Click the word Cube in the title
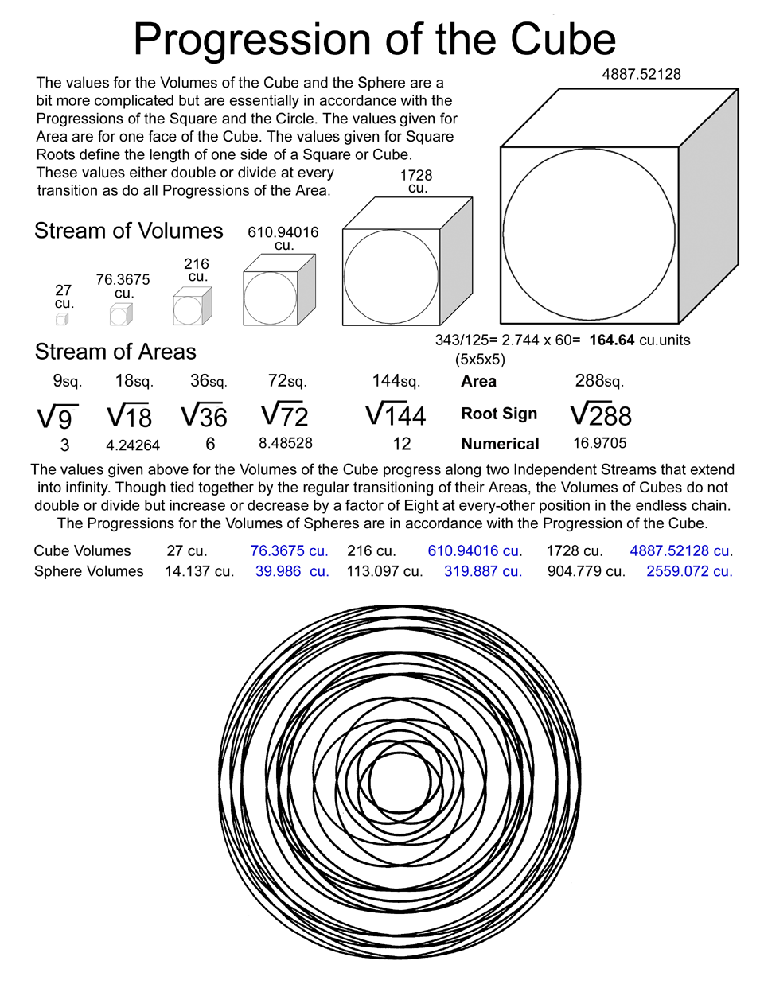(x=563, y=39)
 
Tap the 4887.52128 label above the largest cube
(x=641, y=74)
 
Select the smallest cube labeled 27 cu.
(x=62, y=318)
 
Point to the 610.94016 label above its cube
(x=283, y=232)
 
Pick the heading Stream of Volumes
(x=129, y=231)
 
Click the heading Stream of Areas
(x=115, y=352)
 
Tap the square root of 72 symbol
(x=284, y=414)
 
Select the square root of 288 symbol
(x=601, y=414)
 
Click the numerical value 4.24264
(x=133, y=445)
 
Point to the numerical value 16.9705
(x=600, y=443)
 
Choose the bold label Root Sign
(x=499, y=414)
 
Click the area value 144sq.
(x=396, y=381)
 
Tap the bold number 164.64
(x=612, y=340)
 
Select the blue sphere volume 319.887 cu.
(x=483, y=571)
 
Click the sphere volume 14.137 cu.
(x=199, y=571)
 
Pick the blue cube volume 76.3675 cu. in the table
(x=289, y=550)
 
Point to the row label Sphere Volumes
(x=88, y=571)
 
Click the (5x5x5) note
(x=480, y=359)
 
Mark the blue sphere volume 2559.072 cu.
(x=689, y=571)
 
